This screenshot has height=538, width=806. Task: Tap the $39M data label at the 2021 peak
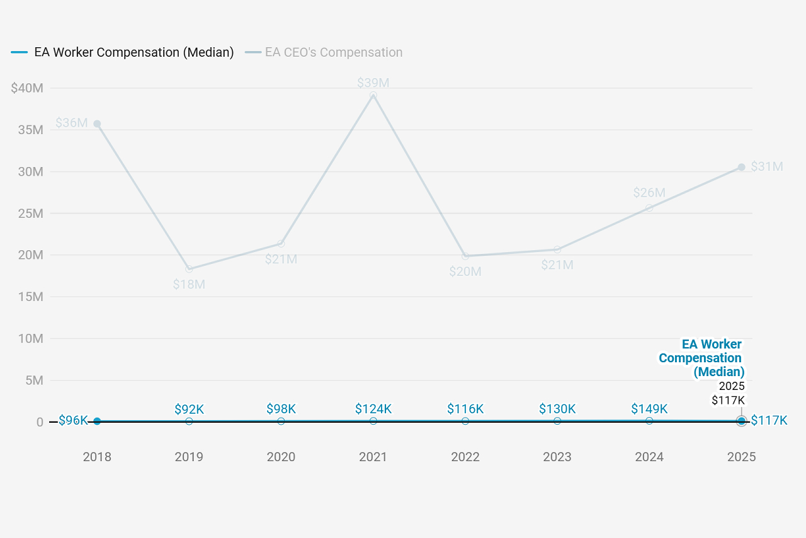(373, 83)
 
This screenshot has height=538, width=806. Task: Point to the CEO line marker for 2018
(97, 124)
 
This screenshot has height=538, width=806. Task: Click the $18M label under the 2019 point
(189, 284)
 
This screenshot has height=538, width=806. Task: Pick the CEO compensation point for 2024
(649, 208)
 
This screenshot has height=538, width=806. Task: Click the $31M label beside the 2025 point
(767, 167)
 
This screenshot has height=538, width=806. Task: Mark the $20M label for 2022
(465, 272)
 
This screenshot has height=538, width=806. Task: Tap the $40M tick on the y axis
(27, 88)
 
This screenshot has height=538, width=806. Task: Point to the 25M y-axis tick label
(30, 214)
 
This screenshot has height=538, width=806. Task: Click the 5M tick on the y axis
(33, 381)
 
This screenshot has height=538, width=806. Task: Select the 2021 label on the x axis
(373, 457)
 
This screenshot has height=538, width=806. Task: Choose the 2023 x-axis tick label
(557, 457)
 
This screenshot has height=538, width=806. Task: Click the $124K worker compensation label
(373, 409)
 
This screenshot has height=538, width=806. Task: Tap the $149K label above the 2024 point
(649, 409)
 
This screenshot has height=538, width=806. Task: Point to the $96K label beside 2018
(73, 420)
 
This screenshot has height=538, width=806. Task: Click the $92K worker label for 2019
(189, 409)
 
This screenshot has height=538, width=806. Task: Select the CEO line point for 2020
(281, 244)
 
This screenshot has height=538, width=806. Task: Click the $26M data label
(649, 193)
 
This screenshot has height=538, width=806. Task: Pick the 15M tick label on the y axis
(30, 297)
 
